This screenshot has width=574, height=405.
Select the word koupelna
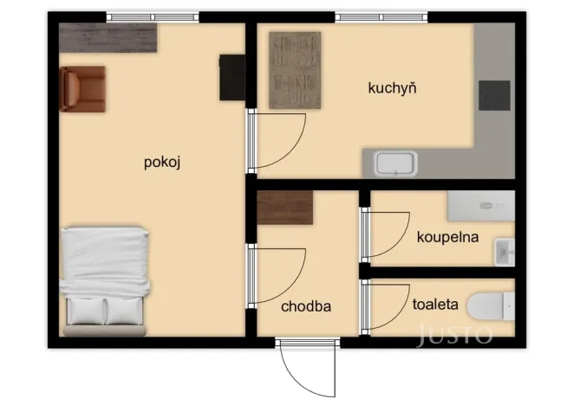tap(447, 236)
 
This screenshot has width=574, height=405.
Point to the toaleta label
tap(434, 304)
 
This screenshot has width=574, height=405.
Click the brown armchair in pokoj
tap(82, 89)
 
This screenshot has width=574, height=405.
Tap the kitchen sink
tap(395, 164)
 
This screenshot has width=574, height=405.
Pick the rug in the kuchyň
tap(294, 70)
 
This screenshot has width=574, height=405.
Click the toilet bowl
tap(490, 306)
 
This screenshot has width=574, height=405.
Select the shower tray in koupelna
tap(480, 206)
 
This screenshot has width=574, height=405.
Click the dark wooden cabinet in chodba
tap(285, 207)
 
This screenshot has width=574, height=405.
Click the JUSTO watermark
tap(455, 334)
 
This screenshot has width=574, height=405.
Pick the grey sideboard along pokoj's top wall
tap(108, 38)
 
